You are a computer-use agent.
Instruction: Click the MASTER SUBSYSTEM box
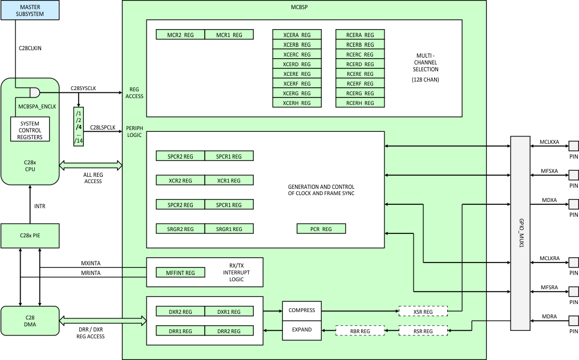[x=30, y=10]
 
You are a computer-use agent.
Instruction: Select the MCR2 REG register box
[x=180, y=35]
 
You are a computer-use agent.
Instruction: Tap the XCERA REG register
[x=297, y=35]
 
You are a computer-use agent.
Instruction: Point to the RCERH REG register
[x=359, y=103]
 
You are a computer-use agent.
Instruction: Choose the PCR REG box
[x=321, y=229]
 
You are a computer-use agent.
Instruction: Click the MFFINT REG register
[x=180, y=273]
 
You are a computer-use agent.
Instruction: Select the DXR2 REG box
[x=180, y=312]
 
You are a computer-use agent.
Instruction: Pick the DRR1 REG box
[x=180, y=331]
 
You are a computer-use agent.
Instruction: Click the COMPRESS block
[x=302, y=311]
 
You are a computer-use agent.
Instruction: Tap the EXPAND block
[x=302, y=330]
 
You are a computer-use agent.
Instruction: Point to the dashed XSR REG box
[x=423, y=312]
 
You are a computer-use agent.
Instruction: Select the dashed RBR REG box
[x=359, y=331]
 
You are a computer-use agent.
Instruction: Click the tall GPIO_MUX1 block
[x=520, y=233]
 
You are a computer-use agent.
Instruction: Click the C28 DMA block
[x=30, y=321]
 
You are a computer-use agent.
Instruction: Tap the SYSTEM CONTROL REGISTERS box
[x=31, y=130]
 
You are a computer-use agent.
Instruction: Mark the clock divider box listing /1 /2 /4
[x=79, y=126]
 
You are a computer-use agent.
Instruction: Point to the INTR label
[x=39, y=206]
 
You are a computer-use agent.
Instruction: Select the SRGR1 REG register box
[x=229, y=229]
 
